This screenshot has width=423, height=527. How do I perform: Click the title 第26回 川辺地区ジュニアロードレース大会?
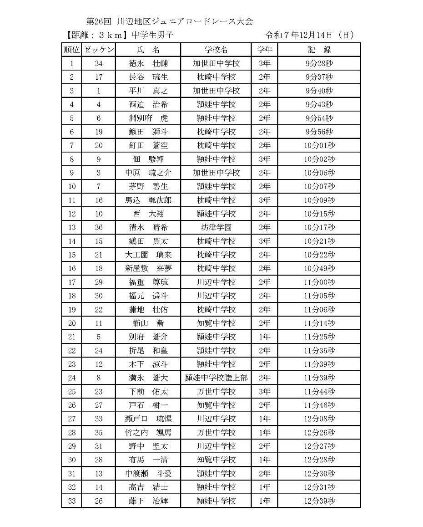169,21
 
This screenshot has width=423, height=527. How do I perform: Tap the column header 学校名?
216,50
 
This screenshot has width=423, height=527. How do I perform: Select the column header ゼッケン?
99,50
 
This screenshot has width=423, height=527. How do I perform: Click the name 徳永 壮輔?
148,63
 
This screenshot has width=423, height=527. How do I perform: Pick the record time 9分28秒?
319,63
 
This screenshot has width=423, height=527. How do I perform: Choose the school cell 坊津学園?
216,227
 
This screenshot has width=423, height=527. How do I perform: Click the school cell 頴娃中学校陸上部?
216,378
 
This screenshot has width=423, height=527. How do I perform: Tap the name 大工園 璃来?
148,255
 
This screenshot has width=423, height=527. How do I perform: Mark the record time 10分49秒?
319,268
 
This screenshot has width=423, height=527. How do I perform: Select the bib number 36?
99,227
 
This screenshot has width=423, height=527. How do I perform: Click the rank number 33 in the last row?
72,501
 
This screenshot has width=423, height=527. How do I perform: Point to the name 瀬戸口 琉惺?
148,419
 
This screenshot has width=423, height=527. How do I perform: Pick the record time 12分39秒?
319,501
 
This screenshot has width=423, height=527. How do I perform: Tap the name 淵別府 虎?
148,118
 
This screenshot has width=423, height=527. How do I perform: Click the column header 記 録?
319,50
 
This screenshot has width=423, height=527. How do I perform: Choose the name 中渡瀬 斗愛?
148,474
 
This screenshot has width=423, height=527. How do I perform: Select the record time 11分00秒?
319,282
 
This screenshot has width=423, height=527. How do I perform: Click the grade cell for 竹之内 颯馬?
264,432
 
